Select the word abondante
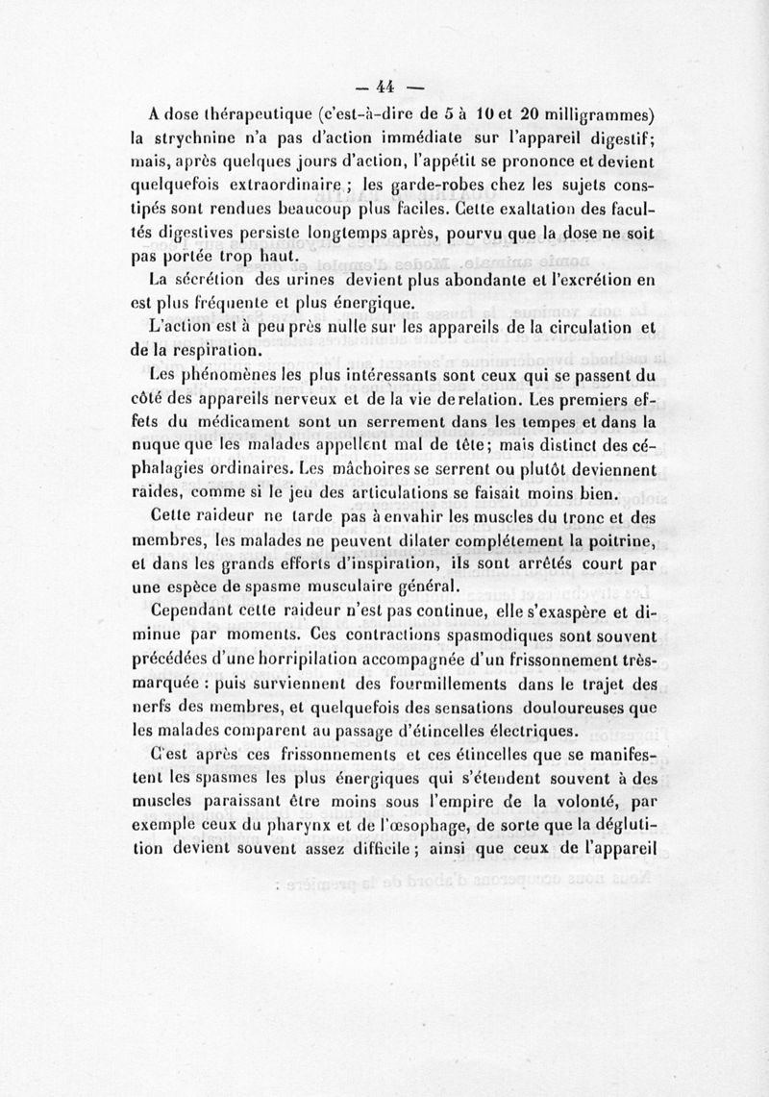(501, 281)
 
